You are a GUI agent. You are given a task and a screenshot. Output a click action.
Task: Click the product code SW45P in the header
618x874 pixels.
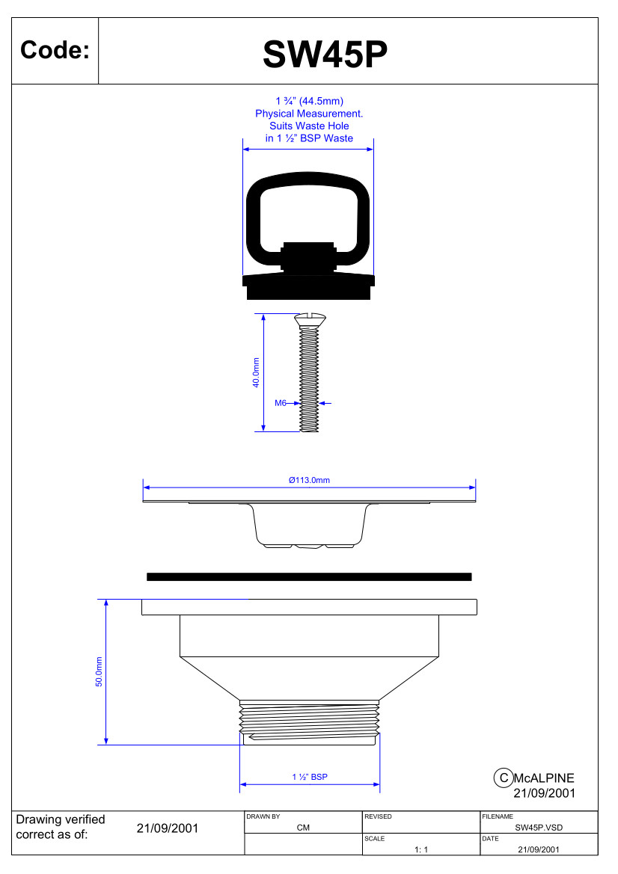[325, 53]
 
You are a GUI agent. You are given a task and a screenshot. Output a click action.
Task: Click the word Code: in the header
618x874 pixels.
[55, 51]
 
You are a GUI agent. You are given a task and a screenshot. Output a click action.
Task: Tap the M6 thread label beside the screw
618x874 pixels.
[281, 403]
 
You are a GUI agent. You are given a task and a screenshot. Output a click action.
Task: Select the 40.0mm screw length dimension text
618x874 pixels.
[256, 372]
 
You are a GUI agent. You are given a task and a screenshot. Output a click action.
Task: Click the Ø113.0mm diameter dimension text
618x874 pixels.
[309, 480]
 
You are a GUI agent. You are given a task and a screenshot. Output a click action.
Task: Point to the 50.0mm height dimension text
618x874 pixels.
[99, 671]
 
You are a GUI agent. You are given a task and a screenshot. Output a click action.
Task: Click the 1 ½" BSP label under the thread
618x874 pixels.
[310, 777]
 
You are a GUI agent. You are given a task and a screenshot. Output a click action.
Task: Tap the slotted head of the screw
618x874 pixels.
[309, 319]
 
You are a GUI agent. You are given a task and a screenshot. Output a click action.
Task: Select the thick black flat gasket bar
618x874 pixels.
[309, 576]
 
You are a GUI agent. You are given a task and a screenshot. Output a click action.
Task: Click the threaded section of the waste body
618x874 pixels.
[309, 718]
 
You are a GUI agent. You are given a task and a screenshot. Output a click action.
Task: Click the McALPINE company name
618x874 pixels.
[544, 778]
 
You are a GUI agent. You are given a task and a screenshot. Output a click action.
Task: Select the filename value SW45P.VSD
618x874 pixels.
[539, 828]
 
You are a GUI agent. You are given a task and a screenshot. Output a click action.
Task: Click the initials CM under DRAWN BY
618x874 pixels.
[303, 828]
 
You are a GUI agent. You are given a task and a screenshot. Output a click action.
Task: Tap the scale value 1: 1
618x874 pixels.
[420, 849]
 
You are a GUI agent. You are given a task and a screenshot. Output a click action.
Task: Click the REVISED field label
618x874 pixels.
[378, 816]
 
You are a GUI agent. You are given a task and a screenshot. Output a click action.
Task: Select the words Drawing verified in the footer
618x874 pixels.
[61, 819]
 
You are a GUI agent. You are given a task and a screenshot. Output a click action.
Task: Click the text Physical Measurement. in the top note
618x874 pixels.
[309, 114]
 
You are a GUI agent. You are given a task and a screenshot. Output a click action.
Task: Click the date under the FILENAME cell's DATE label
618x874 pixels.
[538, 849]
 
